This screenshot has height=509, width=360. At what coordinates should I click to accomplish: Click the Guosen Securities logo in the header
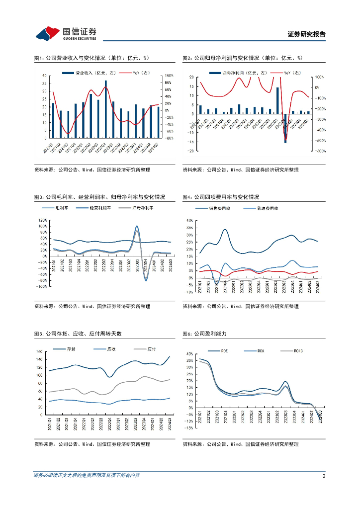[x=65, y=33]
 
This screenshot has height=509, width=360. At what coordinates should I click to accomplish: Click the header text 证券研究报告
[x=307, y=34]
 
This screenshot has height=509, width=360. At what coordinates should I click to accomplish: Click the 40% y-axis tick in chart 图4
[x=189, y=220]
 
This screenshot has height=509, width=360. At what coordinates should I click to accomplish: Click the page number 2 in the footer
[x=324, y=476]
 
